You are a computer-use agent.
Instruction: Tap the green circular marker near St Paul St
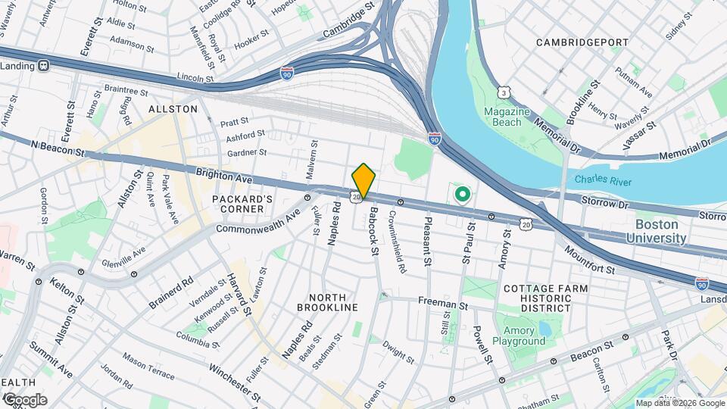[x=462, y=195]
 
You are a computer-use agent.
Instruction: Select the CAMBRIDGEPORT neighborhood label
[x=582, y=42]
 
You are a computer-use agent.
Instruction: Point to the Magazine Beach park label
[x=503, y=117]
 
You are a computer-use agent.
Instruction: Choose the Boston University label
[x=656, y=232]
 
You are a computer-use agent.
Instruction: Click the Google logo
[x=24, y=399]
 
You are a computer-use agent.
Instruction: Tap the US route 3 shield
[x=503, y=92]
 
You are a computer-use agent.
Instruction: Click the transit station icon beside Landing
[x=44, y=66]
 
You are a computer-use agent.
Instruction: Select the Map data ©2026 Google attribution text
[x=679, y=403]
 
